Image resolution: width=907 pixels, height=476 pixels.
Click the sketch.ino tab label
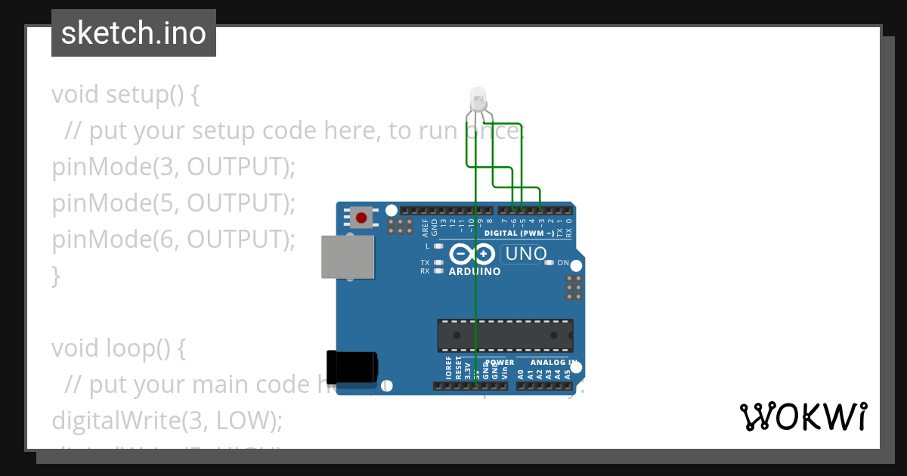click(134, 33)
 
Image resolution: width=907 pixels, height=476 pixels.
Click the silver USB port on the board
click(347, 257)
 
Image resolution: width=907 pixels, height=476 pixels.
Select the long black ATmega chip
click(505, 335)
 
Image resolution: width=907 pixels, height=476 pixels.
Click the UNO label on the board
click(525, 254)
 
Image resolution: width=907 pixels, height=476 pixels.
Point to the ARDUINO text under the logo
click(474, 271)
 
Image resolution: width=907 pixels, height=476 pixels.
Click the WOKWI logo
click(803, 416)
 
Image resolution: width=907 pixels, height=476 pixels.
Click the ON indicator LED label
click(562, 263)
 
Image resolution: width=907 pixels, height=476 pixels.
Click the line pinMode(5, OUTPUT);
click(173, 203)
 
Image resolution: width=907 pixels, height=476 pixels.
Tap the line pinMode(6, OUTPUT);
click(173, 240)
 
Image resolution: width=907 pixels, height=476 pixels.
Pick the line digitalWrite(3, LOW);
click(167, 420)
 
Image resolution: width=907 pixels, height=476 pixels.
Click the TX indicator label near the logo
click(425, 263)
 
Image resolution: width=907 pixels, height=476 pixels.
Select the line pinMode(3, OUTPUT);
click(173, 167)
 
